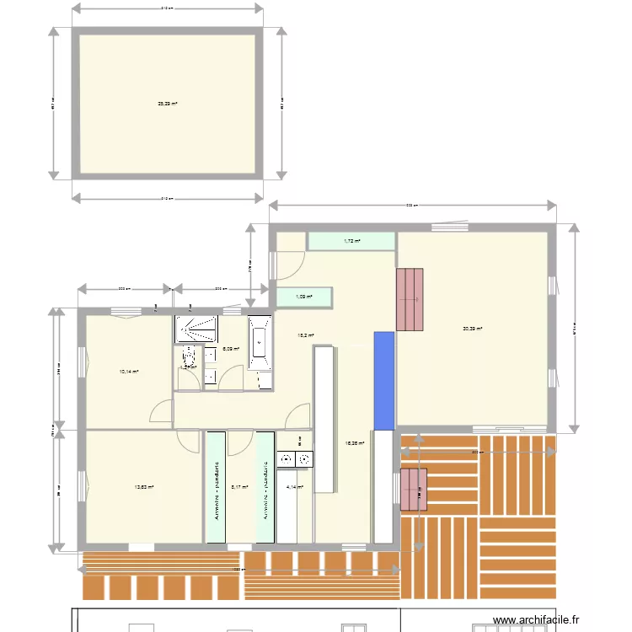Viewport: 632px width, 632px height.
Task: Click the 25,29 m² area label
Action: pos(167,104)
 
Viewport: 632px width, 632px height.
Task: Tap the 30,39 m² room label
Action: pos(472,329)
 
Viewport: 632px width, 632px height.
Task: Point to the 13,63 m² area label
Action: pos(143,486)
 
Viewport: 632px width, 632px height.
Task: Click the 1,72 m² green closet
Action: pos(351,241)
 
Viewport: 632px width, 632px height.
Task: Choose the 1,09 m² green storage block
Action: pos(304,297)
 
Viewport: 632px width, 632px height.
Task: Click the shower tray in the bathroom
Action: pos(197,329)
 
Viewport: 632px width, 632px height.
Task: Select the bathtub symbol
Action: pos(260,344)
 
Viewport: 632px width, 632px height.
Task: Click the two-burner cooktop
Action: pos(293,459)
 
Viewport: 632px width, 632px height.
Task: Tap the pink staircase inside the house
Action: pos(410,299)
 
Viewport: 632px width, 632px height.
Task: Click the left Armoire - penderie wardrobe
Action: pos(217,487)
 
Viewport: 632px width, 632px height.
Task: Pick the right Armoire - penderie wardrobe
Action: pos(265,487)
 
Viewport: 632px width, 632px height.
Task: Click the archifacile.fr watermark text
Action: pos(536,619)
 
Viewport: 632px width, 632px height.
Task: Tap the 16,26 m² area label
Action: pos(354,442)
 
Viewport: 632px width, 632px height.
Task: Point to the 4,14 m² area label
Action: pos(294,486)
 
